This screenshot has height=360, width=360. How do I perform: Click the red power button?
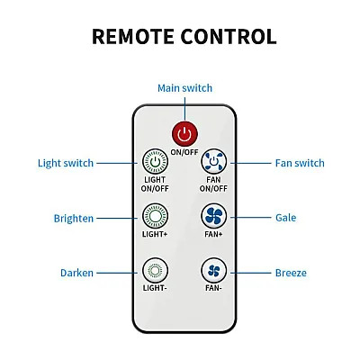tap(184, 134)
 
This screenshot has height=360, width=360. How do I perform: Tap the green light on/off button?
tap(155, 161)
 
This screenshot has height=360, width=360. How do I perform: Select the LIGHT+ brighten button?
tap(155, 216)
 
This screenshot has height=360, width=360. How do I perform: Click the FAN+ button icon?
tap(213, 216)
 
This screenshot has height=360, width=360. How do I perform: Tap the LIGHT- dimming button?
tap(155, 271)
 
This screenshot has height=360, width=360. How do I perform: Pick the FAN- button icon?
tap(213, 271)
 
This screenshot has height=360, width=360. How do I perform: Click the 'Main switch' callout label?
tap(184, 88)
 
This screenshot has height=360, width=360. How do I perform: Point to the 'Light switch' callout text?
tap(66, 163)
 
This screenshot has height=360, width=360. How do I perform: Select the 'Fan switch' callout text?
tap(300, 163)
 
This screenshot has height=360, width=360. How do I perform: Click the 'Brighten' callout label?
tap(74, 219)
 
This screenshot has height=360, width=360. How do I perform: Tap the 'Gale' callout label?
tap(285, 218)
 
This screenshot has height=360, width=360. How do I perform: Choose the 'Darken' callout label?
tap(76, 273)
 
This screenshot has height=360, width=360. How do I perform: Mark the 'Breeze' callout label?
tap(291, 273)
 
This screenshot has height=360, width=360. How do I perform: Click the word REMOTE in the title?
tap(133, 37)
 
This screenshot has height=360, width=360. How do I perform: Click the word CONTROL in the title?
tap(229, 37)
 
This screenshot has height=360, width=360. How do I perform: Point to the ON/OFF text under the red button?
tap(184, 152)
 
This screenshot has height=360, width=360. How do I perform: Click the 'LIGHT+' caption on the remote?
tap(155, 234)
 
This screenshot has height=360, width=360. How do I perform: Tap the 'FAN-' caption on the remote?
tap(213, 288)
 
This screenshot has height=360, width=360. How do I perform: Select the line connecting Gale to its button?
tap(250, 217)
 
